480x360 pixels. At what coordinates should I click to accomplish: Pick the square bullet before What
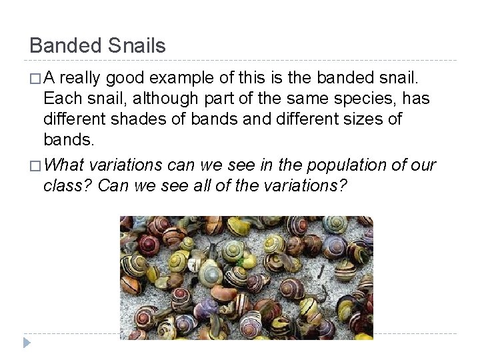coord(34,165)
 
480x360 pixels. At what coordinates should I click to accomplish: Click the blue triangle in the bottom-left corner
coord(26,342)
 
